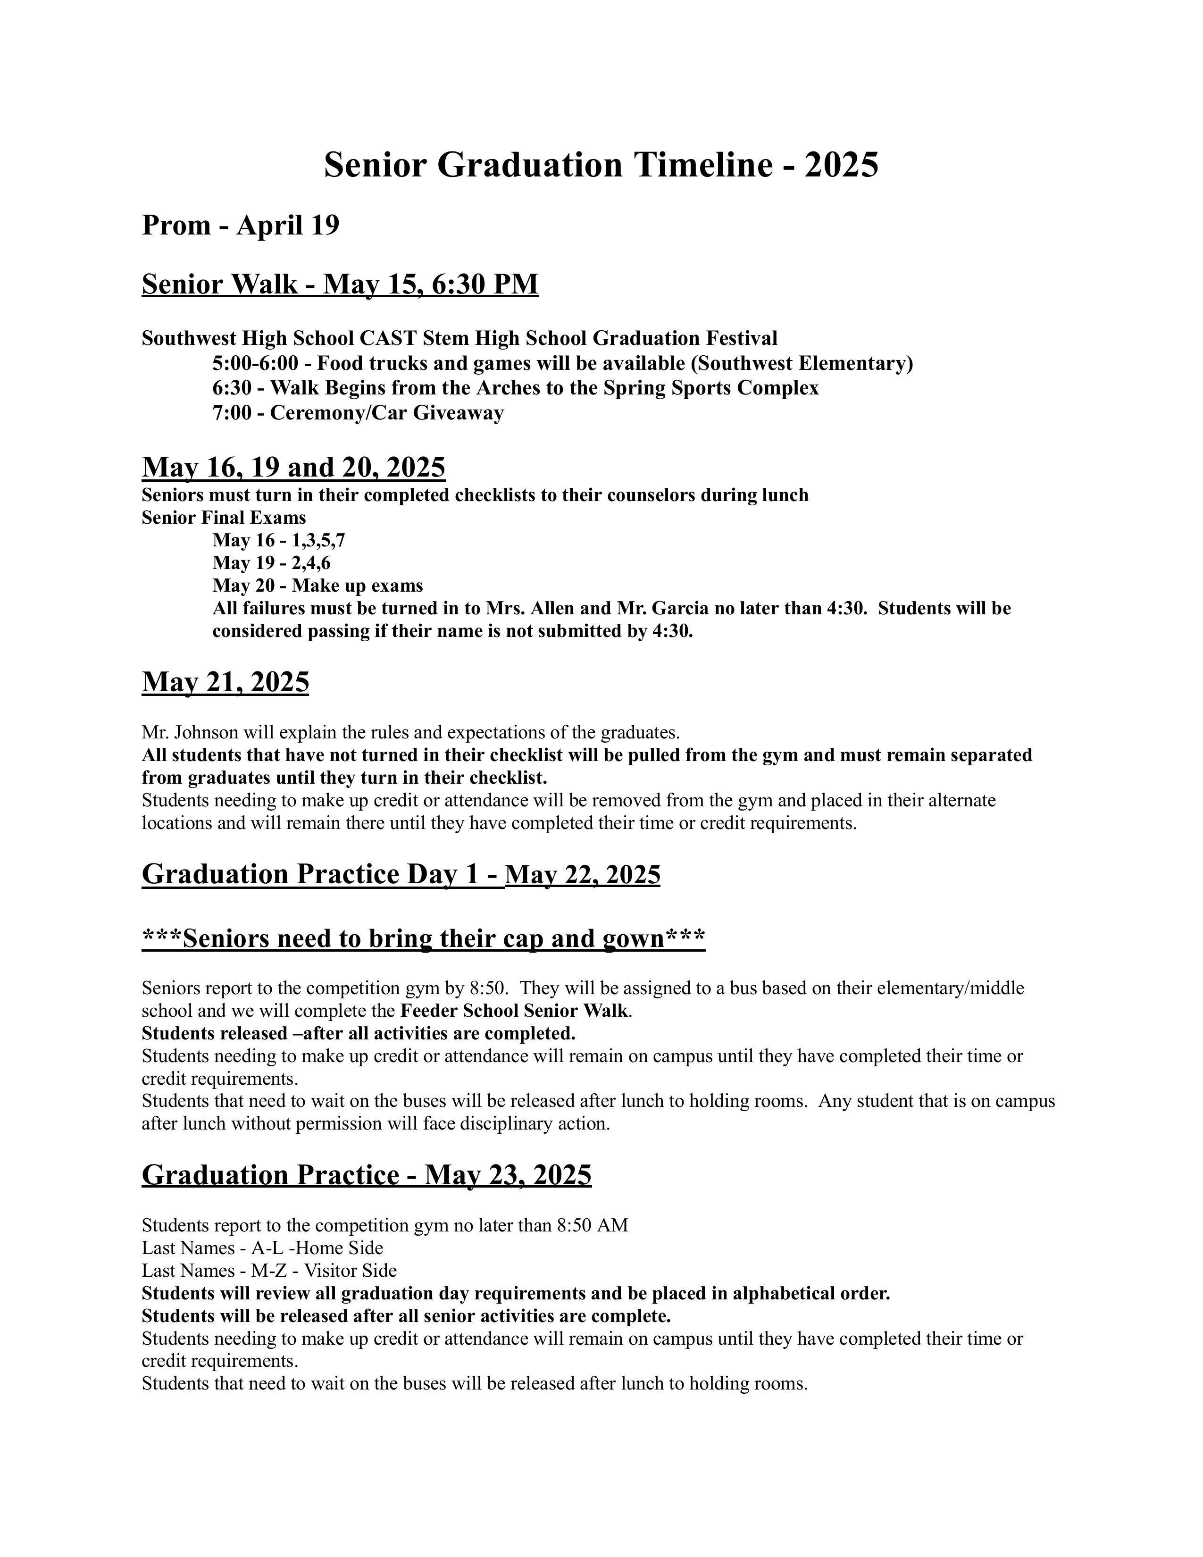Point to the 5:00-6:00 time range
[255, 364]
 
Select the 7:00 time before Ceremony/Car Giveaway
[232, 413]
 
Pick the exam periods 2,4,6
[311, 563]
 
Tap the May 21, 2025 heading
[225, 682]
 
